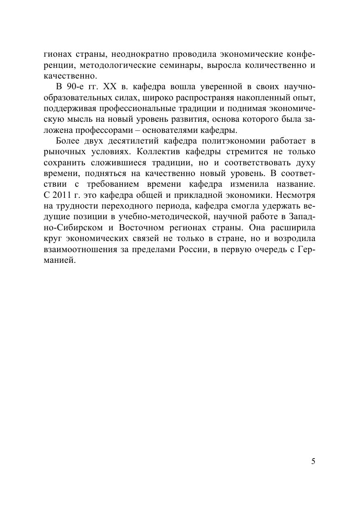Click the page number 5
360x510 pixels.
(314, 461)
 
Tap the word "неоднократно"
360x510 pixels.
(138, 55)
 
